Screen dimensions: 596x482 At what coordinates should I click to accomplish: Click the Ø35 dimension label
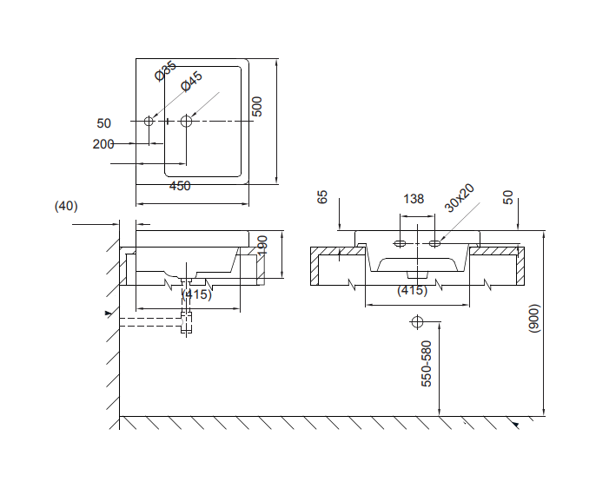pyautogui.click(x=166, y=71)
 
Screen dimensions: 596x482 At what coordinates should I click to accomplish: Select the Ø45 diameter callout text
pyautogui.click(x=191, y=82)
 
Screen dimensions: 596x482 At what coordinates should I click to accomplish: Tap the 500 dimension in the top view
pyautogui.click(x=257, y=107)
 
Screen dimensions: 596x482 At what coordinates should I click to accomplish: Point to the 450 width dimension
pyautogui.click(x=180, y=186)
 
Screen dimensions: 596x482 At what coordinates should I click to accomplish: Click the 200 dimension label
pyautogui.click(x=103, y=144)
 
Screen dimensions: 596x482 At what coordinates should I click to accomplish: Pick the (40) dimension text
pyautogui.click(x=66, y=206)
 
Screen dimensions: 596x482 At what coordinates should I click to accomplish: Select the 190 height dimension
pyautogui.click(x=262, y=246)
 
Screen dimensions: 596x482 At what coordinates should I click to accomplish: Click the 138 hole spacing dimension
pyautogui.click(x=414, y=199)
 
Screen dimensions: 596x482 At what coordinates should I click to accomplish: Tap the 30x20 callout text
pyautogui.click(x=459, y=198)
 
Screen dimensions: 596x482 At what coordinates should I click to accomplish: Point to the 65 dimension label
pyautogui.click(x=322, y=197)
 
